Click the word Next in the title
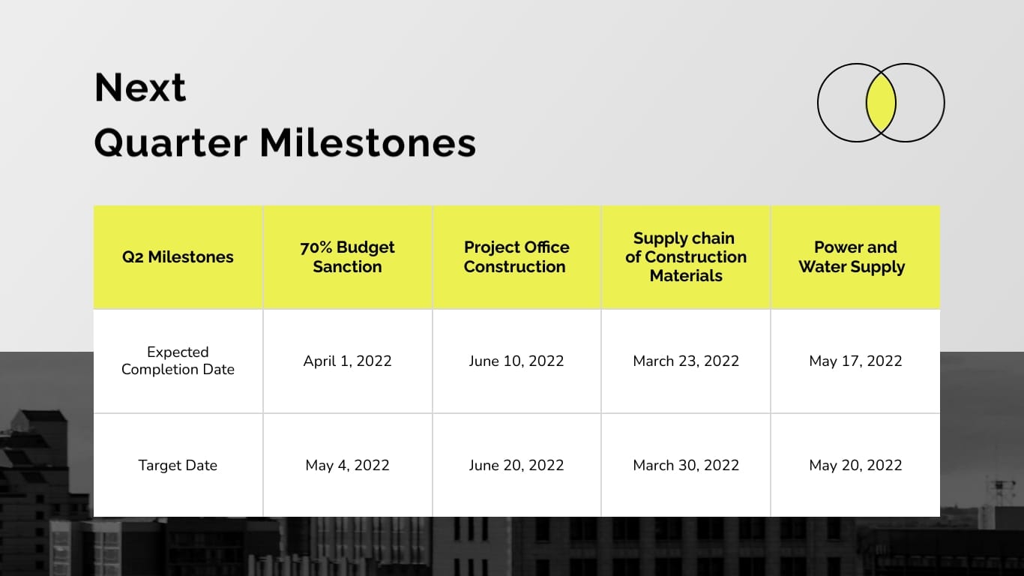click(140, 88)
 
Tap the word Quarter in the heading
click(171, 142)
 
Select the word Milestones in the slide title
click(367, 142)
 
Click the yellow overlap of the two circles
click(881, 103)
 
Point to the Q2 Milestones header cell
click(178, 257)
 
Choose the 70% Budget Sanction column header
click(347, 257)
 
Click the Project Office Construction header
click(516, 257)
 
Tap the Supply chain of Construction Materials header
click(685, 257)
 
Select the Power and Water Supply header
click(855, 257)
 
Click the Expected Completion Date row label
click(178, 361)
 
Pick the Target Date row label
click(178, 466)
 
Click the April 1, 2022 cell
click(347, 361)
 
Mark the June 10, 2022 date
click(516, 361)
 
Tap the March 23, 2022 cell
click(685, 361)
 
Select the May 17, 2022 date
click(855, 361)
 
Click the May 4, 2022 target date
click(347, 466)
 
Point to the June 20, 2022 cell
click(516, 466)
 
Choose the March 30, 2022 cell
click(685, 466)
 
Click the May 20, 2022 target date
click(855, 466)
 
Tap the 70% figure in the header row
click(316, 247)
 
